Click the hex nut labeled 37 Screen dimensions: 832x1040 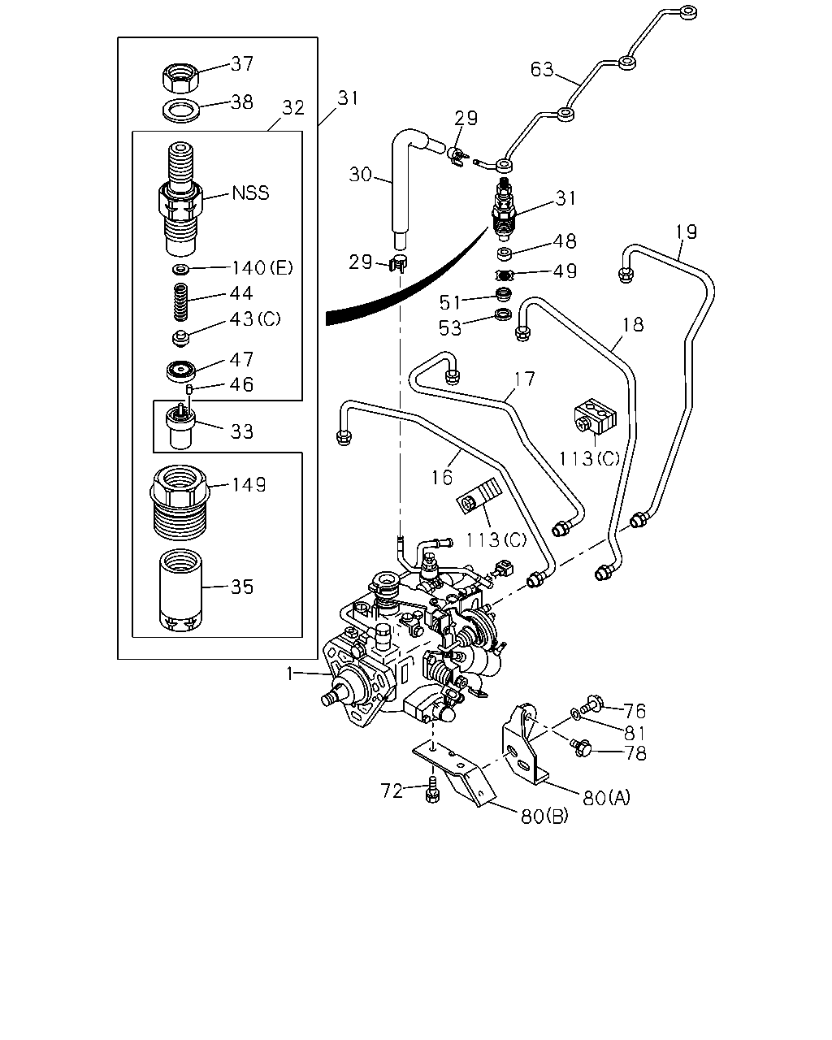[180, 79]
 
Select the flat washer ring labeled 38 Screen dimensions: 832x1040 [181, 110]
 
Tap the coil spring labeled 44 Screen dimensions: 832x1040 [180, 301]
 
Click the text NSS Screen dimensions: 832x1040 [250, 193]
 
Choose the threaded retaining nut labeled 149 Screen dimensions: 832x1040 [180, 502]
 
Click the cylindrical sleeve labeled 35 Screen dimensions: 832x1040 [180, 591]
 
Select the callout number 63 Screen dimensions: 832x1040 [542, 70]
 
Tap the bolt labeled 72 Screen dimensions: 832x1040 [433, 789]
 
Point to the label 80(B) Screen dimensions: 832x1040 [545, 817]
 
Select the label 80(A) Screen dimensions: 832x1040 [607, 797]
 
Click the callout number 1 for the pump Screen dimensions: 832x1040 [290, 674]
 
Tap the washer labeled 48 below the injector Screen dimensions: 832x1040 [505, 253]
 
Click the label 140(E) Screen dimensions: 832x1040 [262, 267]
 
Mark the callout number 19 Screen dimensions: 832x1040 [686, 232]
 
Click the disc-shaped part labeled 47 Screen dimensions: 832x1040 [181, 371]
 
